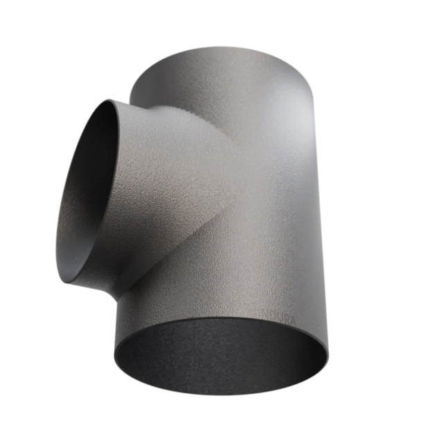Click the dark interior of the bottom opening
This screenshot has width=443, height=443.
220,356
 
